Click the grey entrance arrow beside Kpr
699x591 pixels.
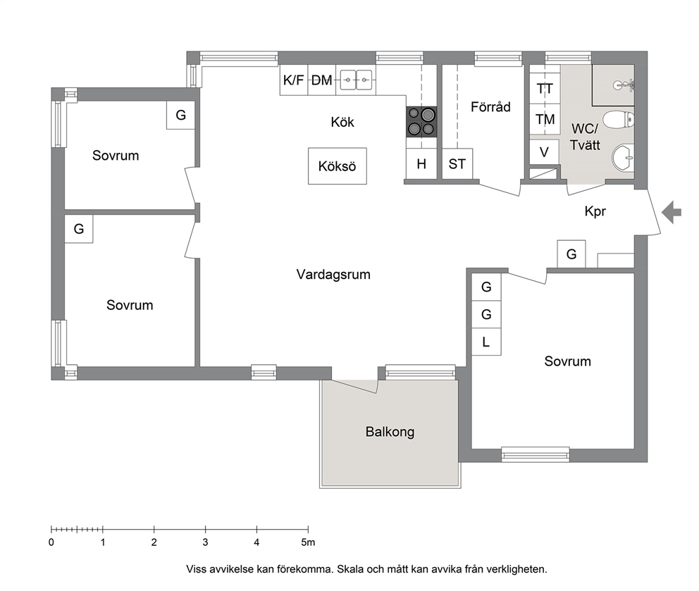pos(672,212)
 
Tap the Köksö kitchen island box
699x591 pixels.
pos(338,166)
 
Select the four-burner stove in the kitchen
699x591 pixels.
pos(421,122)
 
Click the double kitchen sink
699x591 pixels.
pos(356,80)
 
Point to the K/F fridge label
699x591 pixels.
pos(293,80)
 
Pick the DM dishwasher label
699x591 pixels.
pos(321,80)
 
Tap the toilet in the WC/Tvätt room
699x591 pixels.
pos(618,120)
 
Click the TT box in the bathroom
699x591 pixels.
pos(545,89)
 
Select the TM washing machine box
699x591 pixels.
pos(545,120)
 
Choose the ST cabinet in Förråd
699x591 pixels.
pos(457,164)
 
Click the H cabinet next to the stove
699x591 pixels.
pos(421,164)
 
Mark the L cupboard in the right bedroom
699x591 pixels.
pos(486,342)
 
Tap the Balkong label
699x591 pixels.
pos(390,432)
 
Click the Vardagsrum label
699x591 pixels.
pos(333,274)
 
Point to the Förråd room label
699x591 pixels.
pos(491,107)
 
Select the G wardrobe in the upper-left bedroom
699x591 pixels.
pos(180,115)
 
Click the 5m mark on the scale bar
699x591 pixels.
pos(308,530)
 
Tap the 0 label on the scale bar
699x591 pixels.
pos(51,542)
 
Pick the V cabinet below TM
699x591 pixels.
pos(544,152)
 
